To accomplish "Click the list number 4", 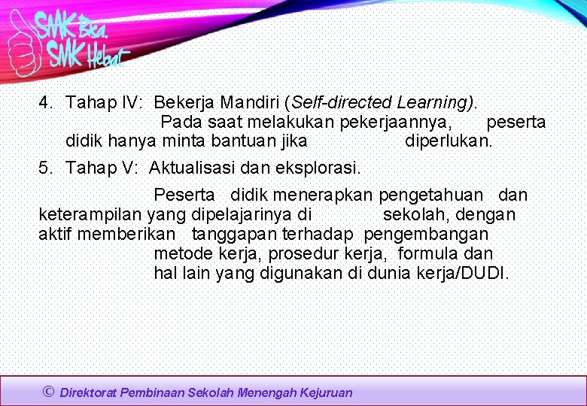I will point(44,102).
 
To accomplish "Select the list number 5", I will point(44,167).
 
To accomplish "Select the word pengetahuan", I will point(431,195).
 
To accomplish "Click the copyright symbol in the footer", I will point(49,391).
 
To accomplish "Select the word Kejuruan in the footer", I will point(326,392).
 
